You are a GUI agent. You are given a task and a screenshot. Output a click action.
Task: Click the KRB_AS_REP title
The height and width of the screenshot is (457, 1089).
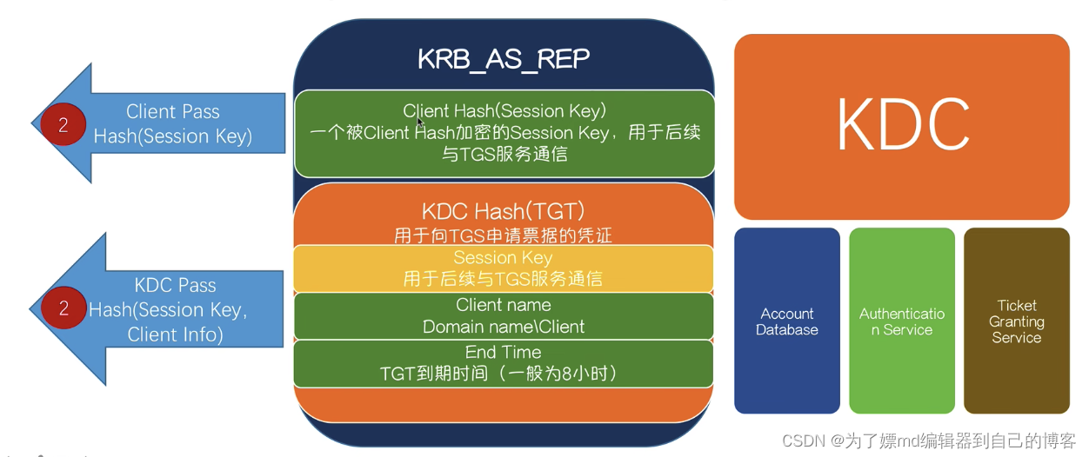point(503,59)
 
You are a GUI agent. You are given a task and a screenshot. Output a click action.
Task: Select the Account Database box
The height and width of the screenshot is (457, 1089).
point(786,321)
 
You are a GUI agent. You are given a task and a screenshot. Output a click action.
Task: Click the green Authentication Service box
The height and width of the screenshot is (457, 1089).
point(901,321)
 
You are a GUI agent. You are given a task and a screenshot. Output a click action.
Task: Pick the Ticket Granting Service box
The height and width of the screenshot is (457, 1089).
point(1016,321)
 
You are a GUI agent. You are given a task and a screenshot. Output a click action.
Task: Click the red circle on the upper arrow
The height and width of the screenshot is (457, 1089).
point(63,126)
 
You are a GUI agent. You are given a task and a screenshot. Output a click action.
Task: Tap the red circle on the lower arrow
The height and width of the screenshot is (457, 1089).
point(63,308)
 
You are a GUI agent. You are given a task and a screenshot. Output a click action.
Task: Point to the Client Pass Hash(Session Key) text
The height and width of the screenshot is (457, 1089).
point(173,124)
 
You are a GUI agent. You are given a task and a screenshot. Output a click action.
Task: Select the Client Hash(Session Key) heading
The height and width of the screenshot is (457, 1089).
point(504,111)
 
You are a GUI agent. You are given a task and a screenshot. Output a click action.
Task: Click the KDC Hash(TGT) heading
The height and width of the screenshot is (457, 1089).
point(503,212)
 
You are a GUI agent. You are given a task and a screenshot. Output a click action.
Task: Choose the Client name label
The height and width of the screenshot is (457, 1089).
point(503,305)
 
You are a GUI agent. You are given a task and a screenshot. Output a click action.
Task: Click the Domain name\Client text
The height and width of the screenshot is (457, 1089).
point(503,328)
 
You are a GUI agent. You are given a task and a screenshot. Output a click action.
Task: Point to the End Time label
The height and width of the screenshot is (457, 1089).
point(503,352)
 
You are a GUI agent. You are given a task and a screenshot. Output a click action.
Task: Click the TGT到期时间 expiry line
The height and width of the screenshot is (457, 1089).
point(503,374)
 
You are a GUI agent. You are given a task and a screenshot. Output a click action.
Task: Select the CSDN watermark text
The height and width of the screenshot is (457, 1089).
point(928,441)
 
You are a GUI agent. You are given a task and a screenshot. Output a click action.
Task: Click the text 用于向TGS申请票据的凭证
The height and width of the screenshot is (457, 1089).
point(503,235)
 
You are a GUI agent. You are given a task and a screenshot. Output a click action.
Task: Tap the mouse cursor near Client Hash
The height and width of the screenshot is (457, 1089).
point(421,123)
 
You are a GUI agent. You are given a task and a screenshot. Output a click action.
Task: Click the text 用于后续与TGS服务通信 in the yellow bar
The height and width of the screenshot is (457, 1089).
point(503,280)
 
